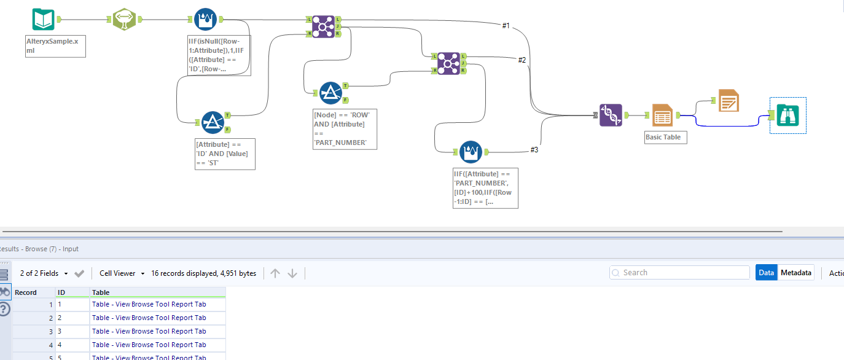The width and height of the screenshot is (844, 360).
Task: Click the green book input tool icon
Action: point(44,19)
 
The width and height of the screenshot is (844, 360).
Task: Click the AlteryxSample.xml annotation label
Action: point(55,46)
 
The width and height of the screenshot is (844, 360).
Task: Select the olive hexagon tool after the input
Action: point(125,19)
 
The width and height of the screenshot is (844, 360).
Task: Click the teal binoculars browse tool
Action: point(787,115)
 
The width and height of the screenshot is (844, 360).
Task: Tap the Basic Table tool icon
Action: point(663,115)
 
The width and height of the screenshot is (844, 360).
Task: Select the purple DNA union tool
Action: point(611,115)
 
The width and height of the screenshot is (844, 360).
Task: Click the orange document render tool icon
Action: point(729,100)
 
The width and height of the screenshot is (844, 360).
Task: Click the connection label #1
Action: point(506,25)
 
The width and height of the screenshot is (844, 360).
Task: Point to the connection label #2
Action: point(522,60)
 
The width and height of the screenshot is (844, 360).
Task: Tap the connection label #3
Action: point(534,150)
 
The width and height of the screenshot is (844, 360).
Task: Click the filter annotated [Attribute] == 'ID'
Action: point(212,122)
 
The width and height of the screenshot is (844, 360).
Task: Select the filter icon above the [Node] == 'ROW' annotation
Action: point(330,93)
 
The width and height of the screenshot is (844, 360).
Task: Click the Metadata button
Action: point(795,273)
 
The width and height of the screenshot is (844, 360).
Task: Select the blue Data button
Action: point(766,273)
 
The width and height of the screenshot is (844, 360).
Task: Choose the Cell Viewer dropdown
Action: point(122,273)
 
